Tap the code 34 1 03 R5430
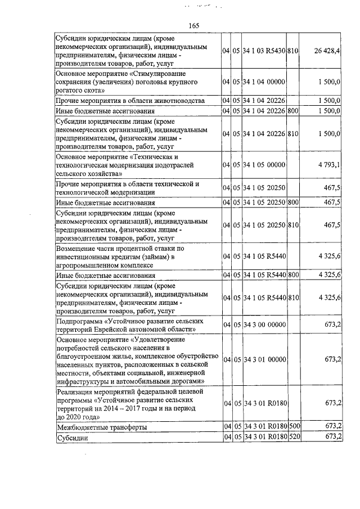pyautogui.click(x=265, y=51)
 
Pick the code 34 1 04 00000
pyautogui.click(x=265, y=82)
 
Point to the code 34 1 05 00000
pyautogui.click(x=265, y=165)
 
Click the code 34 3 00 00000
pyautogui.click(x=265, y=325)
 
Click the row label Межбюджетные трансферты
pyautogui.click(x=102, y=427)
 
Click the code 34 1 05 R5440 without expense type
pyautogui.click(x=265, y=256)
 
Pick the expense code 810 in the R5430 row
pyautogui.click(x=292, y=51)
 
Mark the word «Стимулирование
pyautogui.click(x=160, y=74)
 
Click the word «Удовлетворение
pyautogui.click(x=160, y=340)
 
